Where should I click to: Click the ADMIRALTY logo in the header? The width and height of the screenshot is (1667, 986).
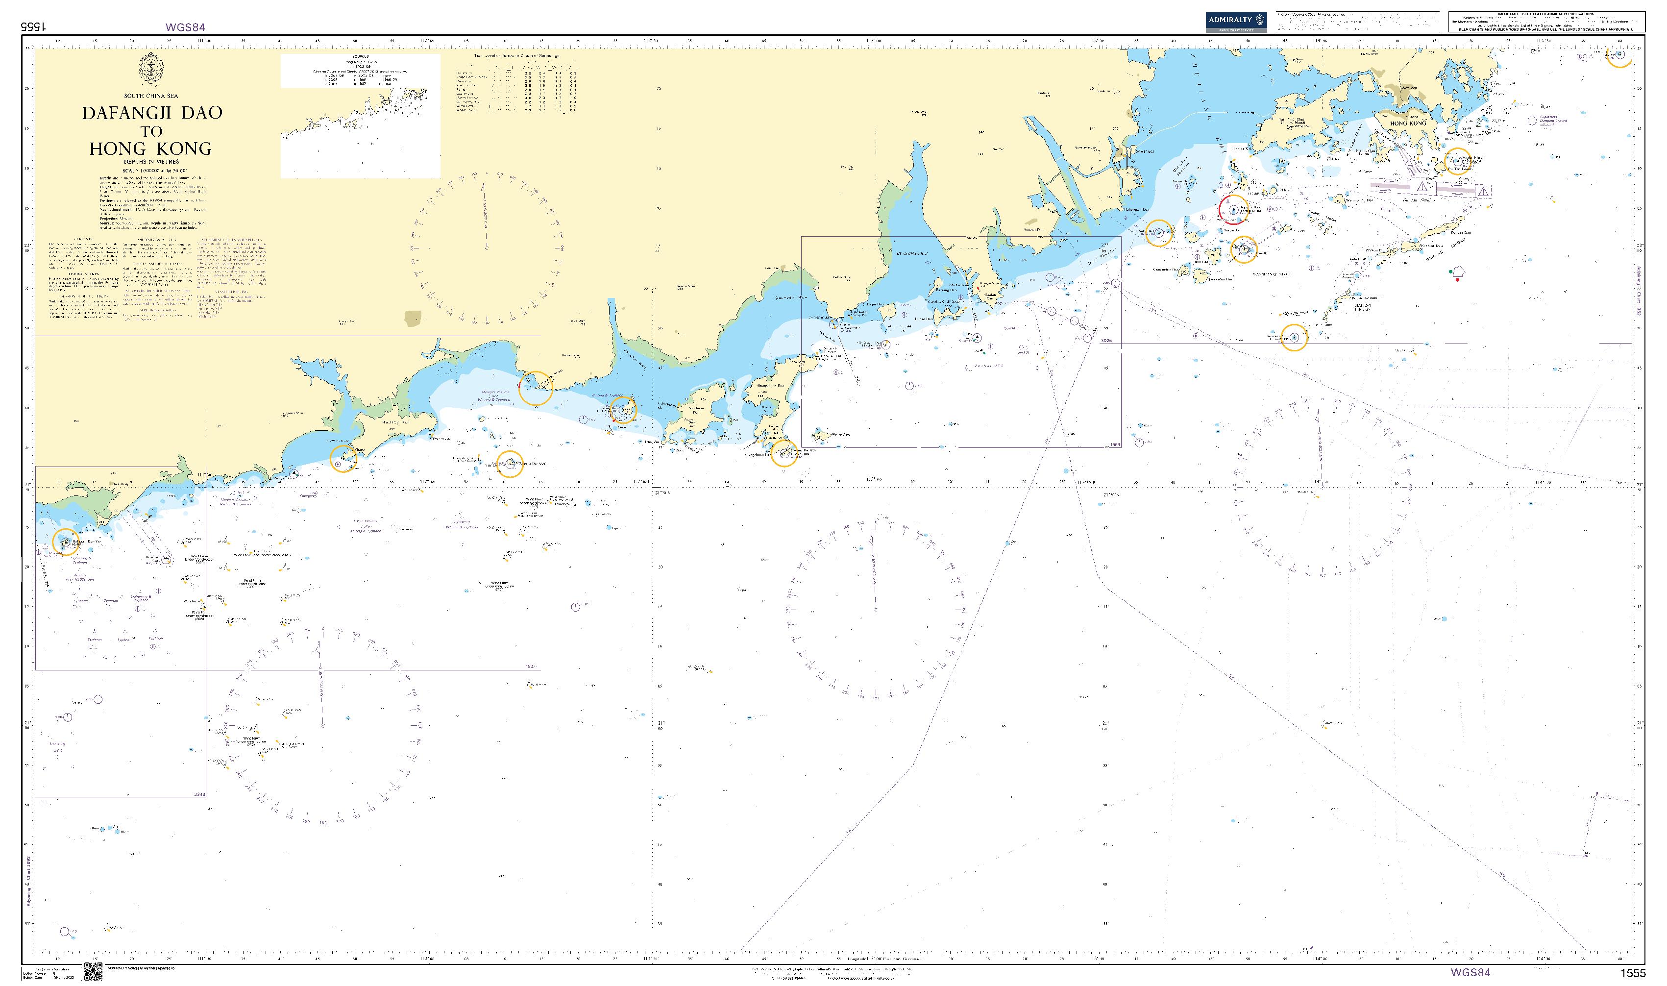tap(1235, 21)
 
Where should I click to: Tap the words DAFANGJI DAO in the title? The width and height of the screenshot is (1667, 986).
tap(152, 113)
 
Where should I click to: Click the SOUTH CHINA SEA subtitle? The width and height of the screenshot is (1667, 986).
tap(151, 96)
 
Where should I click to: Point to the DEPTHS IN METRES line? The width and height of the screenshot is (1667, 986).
tap(151, 161)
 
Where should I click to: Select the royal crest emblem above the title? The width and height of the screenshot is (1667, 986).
tap(151, 70)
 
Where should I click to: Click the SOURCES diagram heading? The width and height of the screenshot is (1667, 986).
tap(360, 57)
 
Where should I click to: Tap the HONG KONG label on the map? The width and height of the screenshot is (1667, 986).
tap(1407, 123)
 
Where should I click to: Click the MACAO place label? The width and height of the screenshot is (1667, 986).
tap(1144, 151)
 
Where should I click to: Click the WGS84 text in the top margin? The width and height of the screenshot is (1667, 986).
tap(185, 27)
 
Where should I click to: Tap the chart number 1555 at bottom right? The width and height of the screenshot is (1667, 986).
tap(1633, 973)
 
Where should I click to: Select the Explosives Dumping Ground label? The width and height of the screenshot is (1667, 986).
tap(1553, 121)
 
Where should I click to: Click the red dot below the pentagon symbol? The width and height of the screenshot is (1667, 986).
tap(1457, 280)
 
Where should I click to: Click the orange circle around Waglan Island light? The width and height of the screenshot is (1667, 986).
tap(1458, 161)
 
